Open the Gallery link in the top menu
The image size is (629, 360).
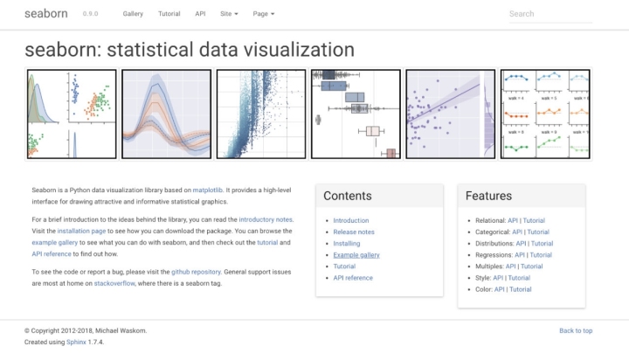tap(133, 15)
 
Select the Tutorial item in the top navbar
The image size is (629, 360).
tap(169, 15)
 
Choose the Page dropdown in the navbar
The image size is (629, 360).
tap(263, 15)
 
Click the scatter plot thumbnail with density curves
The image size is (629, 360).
tap(72, 114)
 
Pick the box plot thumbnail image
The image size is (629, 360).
tap(356, 114)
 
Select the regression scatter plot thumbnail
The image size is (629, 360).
tap(450, 114)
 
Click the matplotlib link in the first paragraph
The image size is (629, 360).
tap(208, 189)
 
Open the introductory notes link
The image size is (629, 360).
tap(266, 219)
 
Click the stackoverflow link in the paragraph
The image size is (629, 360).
tap(114, 284)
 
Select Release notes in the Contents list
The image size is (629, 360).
tap(354, 232)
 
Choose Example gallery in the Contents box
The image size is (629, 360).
tap(356, 254)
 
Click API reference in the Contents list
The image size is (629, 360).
tap(353, 277)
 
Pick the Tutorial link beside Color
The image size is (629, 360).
tap(520, 288)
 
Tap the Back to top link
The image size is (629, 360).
tap(576, 330)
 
